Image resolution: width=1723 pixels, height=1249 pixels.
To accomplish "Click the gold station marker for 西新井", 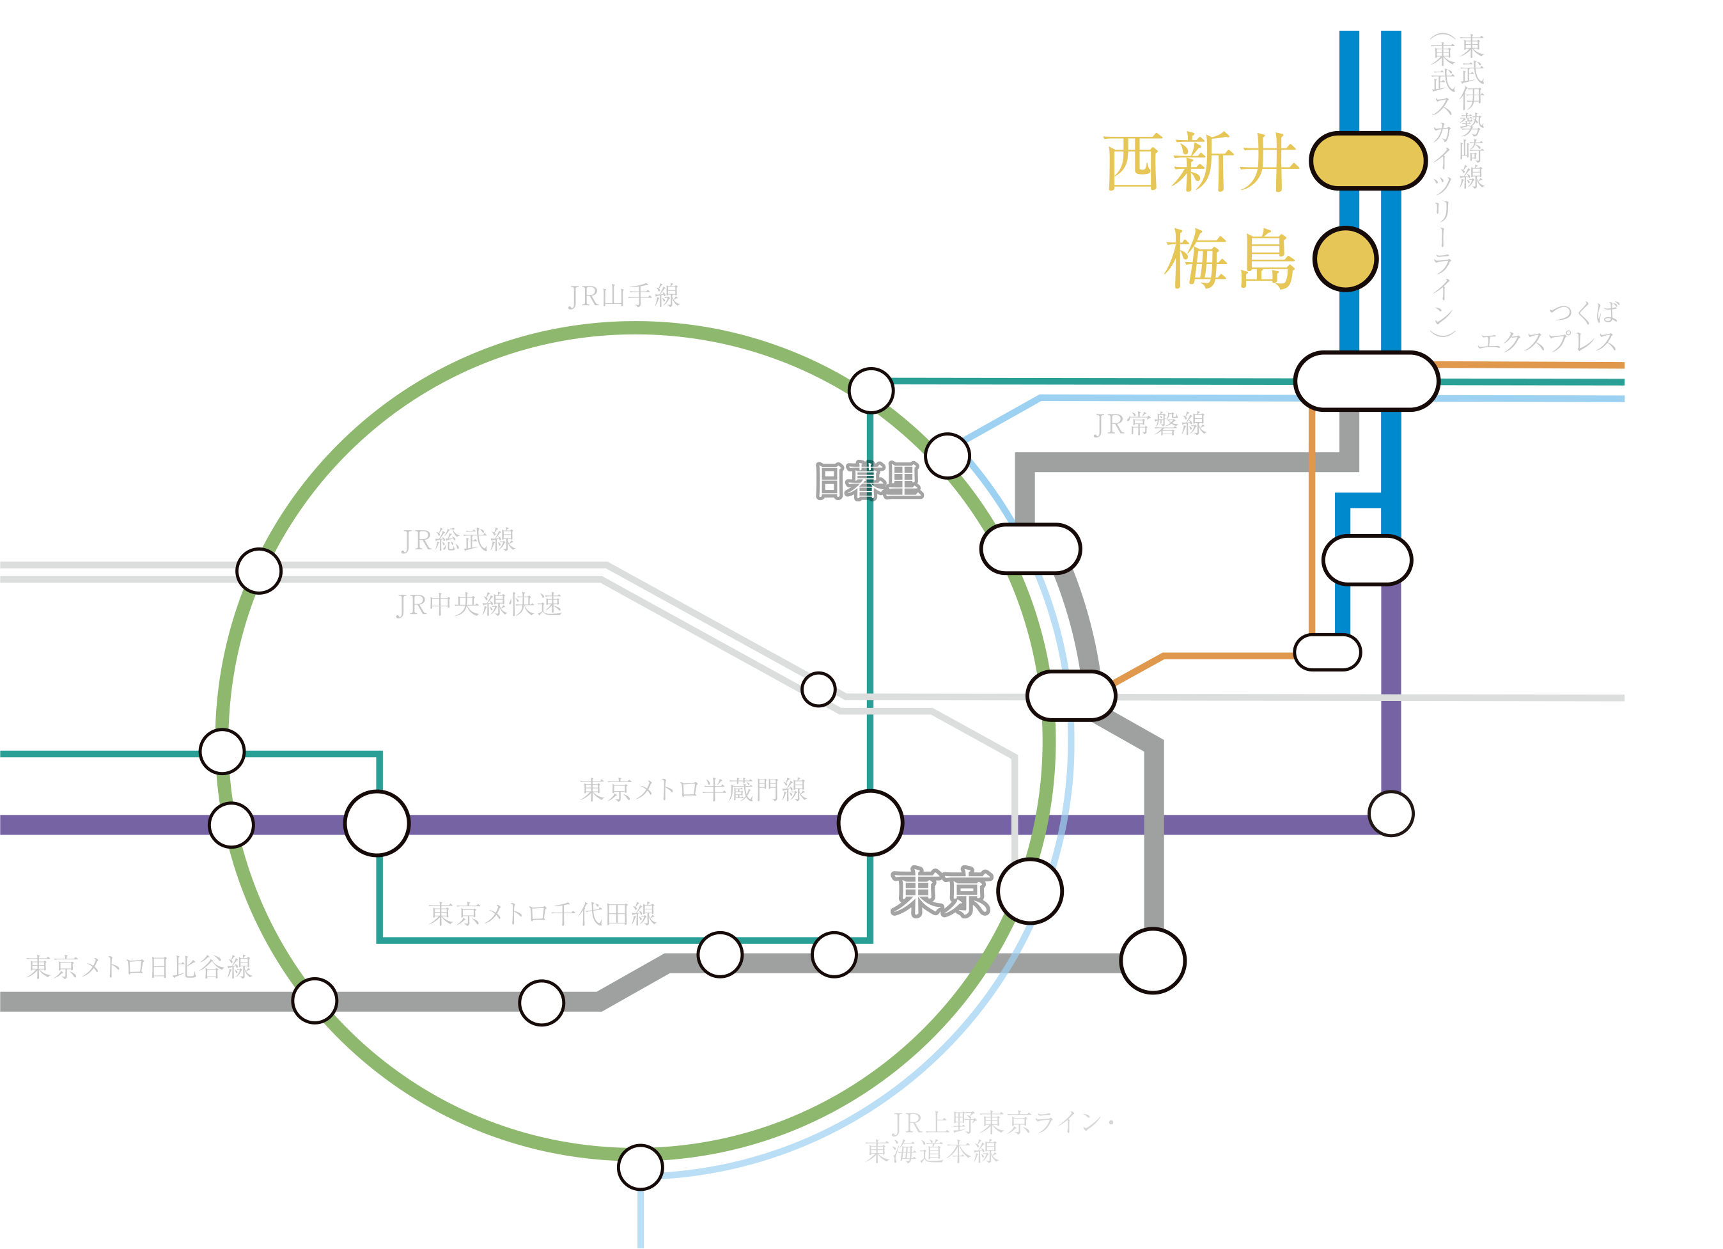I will coord(1368,161).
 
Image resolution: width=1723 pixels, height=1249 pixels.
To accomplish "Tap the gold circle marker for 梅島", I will coord(1345,259).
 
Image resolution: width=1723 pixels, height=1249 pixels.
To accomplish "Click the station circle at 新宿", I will coord(258,571).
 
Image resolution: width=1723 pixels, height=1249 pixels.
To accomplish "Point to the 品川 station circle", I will coord(641,1168).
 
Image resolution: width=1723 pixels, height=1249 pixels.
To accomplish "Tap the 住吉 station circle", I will coord(1391,813).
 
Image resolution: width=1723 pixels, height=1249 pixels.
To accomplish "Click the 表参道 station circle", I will coord(377,824).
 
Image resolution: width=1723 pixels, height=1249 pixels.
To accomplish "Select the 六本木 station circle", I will coord(541,1003).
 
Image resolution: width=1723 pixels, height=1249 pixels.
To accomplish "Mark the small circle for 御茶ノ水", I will coord(818,689).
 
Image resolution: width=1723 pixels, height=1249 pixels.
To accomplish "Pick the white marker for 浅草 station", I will coord(1327,652).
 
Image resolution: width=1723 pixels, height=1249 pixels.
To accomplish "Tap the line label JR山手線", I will coord(624,295).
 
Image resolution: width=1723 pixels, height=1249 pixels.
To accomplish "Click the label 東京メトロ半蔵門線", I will coord(692,790).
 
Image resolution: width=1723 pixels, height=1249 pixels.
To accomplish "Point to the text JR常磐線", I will coord(1150,424).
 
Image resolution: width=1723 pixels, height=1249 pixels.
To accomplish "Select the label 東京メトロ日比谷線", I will coord(139,967).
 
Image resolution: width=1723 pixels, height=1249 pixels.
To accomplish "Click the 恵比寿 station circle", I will coord(315,1001).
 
